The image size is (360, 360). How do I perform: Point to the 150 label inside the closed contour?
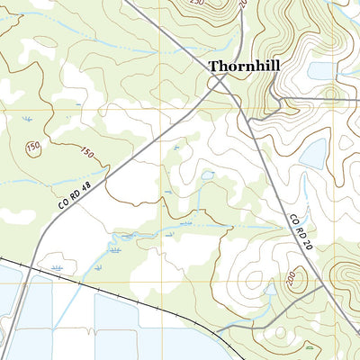click(34, 147)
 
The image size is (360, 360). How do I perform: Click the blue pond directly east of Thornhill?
click(319, 70)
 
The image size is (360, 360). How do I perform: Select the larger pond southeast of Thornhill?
click(312, 154)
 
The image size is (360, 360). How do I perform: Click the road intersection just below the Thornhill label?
click(219, 84)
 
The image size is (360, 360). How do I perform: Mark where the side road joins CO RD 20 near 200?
click(320, 288)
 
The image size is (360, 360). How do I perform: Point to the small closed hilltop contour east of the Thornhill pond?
click(329, 93)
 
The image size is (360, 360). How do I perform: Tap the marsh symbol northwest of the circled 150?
click(25, 118)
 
